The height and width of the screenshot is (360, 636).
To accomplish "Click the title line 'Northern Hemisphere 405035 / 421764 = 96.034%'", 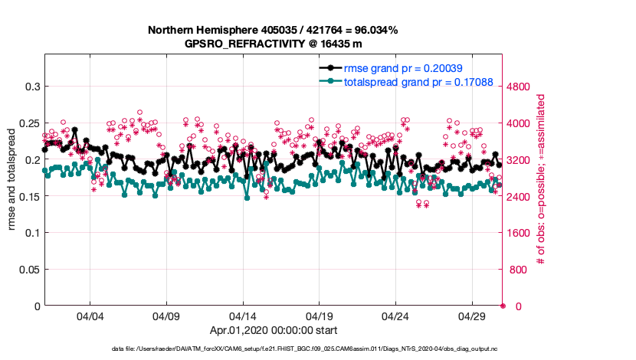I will click(x=273, y=30).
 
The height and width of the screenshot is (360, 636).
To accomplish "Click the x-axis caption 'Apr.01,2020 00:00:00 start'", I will click(x=273, y=331).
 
